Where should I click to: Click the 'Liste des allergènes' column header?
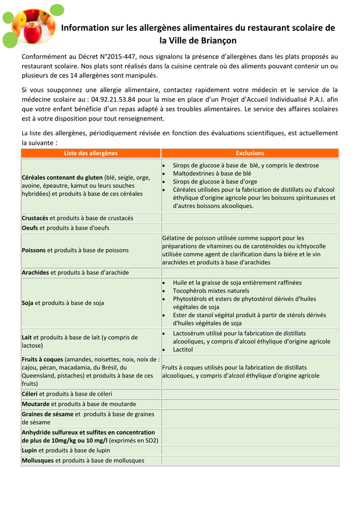coord(91,153)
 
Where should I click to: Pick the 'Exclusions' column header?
coord(250,153)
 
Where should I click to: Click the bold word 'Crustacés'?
coord(35,218)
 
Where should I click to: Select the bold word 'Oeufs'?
coord(30,228)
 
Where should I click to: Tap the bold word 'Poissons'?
coord(34,250)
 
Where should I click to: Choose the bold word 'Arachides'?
coord(35,272)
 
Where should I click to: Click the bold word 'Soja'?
coord(27,303)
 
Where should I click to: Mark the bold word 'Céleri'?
coord(30,394)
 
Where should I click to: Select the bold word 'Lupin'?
coord(29,450)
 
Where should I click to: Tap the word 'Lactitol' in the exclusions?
coord(183,349)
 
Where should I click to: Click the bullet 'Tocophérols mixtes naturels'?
coord(211,291)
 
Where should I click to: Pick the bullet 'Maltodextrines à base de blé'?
coord(212,174)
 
